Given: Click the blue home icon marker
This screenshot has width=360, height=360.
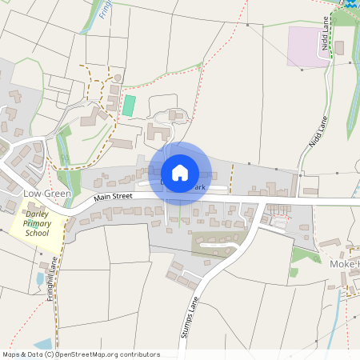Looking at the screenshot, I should pos(180,173).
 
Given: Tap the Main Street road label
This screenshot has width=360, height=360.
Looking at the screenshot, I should pos(111,195).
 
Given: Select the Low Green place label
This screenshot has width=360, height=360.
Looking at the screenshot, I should pos(47,194).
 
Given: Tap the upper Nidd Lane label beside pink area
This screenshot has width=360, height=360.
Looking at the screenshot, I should pos(326,35).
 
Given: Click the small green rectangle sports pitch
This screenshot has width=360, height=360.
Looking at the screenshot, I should pos(129,105).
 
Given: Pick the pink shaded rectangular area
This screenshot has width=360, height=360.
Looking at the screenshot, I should pos(308,46).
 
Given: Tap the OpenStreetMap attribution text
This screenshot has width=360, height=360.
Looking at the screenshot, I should pos(80,354).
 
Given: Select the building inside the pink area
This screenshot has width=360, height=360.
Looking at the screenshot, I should pos(338,48).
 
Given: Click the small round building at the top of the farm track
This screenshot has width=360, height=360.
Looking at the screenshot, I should pos(118,78).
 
